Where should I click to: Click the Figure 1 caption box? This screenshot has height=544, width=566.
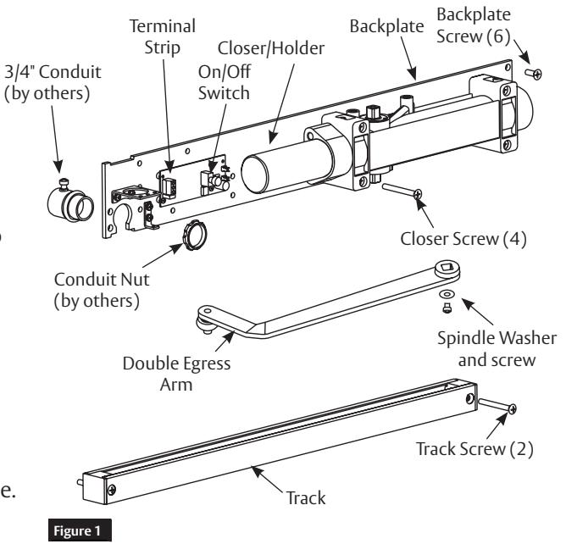coord(80,530)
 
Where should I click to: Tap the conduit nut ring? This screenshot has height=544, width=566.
coord(195,235)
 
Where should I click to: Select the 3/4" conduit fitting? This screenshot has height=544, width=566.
coord(70,200)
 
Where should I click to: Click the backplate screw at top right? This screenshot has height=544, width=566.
coord(533,74)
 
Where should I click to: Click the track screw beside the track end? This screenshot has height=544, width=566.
coord(497,405)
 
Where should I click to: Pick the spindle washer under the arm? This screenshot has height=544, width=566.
coord(447,294)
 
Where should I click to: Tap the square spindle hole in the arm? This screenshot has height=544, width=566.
coord(447,267)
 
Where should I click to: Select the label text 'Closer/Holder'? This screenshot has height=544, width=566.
coord(271,48)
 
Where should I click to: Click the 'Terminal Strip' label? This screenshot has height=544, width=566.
coord(163,36)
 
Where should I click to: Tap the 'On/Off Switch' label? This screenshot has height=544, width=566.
coord(225,82)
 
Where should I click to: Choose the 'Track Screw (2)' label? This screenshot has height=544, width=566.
coord(474,449)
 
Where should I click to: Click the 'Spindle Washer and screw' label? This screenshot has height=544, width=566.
coord(497,349)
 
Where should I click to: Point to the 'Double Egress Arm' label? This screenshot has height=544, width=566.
coord(176,374)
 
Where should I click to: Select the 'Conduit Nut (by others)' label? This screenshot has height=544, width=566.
coord(102,291)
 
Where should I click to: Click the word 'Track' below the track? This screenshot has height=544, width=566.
coord(306,498)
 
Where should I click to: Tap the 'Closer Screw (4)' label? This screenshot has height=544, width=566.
coord(463,239)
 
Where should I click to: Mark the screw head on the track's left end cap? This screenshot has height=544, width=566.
coord(112,490)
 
